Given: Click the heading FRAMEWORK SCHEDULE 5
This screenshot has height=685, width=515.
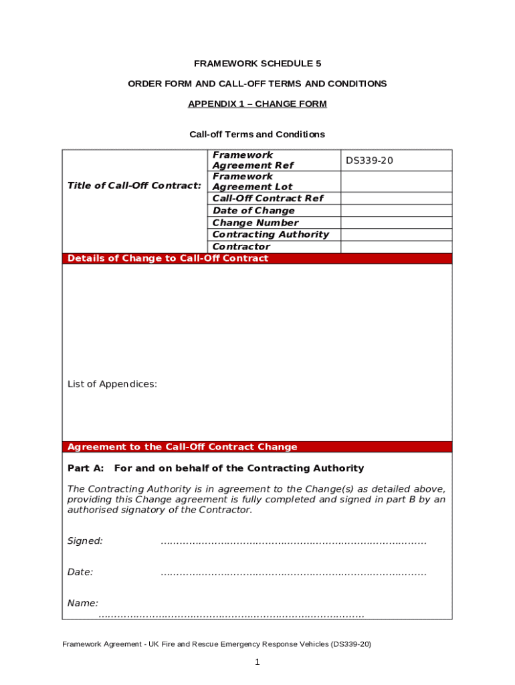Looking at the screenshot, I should pos(257,64).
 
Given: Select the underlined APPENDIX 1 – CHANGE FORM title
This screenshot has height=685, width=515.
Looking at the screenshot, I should pos(257,104).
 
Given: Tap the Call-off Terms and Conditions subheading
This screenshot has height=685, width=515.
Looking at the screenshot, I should pos(257,134).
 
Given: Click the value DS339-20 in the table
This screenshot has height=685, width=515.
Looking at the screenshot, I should pos(369,161).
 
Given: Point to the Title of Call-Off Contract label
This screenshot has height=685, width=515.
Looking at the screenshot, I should pos(134,185).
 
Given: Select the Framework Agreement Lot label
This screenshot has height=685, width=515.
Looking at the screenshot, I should pos(252,182).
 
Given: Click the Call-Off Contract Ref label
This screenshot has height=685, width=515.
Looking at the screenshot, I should pos(268,199).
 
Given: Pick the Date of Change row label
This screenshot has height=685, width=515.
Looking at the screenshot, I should pos(253,211).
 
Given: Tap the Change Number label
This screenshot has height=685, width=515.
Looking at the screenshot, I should pos(255,223).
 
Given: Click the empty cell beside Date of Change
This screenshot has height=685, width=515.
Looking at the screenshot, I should pos(396,211).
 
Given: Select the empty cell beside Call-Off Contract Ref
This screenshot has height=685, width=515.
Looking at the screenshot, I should pos(396,199).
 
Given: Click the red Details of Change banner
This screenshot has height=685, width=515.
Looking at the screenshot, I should pos(257,259).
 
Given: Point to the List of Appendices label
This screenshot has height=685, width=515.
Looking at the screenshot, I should pos(112,384).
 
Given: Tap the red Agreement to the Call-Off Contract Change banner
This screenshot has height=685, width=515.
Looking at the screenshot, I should pos(257,447).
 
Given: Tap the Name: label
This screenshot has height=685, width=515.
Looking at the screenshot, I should pos(83,603).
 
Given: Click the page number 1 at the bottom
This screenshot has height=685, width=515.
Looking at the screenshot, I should pos(257,662).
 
